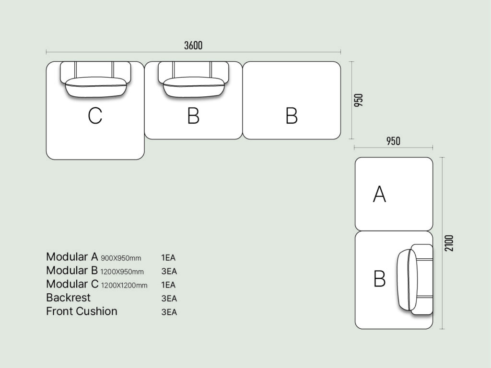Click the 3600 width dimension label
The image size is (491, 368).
coord(193,46)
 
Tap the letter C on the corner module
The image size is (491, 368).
coord(95,116)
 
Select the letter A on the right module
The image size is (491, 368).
coord(379,194)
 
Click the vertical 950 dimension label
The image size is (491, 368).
coord(359,100)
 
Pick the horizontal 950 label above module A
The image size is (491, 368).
coord(393,141)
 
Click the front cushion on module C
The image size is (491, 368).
coord(96,88)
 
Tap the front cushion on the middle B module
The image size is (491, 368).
coord(194,88)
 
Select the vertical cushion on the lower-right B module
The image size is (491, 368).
coord(408,279)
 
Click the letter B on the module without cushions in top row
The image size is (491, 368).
coord(292,116)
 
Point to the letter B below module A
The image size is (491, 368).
coord(379,279)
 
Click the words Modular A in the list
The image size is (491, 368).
coord(72,257)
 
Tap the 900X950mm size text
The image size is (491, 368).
coord(121,258)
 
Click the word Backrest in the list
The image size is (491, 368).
coord(68,298)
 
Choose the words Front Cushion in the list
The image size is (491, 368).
coord(82,311)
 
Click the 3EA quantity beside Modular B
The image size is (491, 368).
coord(169,272)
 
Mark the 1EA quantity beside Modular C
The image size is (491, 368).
coord(168,285)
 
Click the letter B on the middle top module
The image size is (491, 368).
coord(193,116)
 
